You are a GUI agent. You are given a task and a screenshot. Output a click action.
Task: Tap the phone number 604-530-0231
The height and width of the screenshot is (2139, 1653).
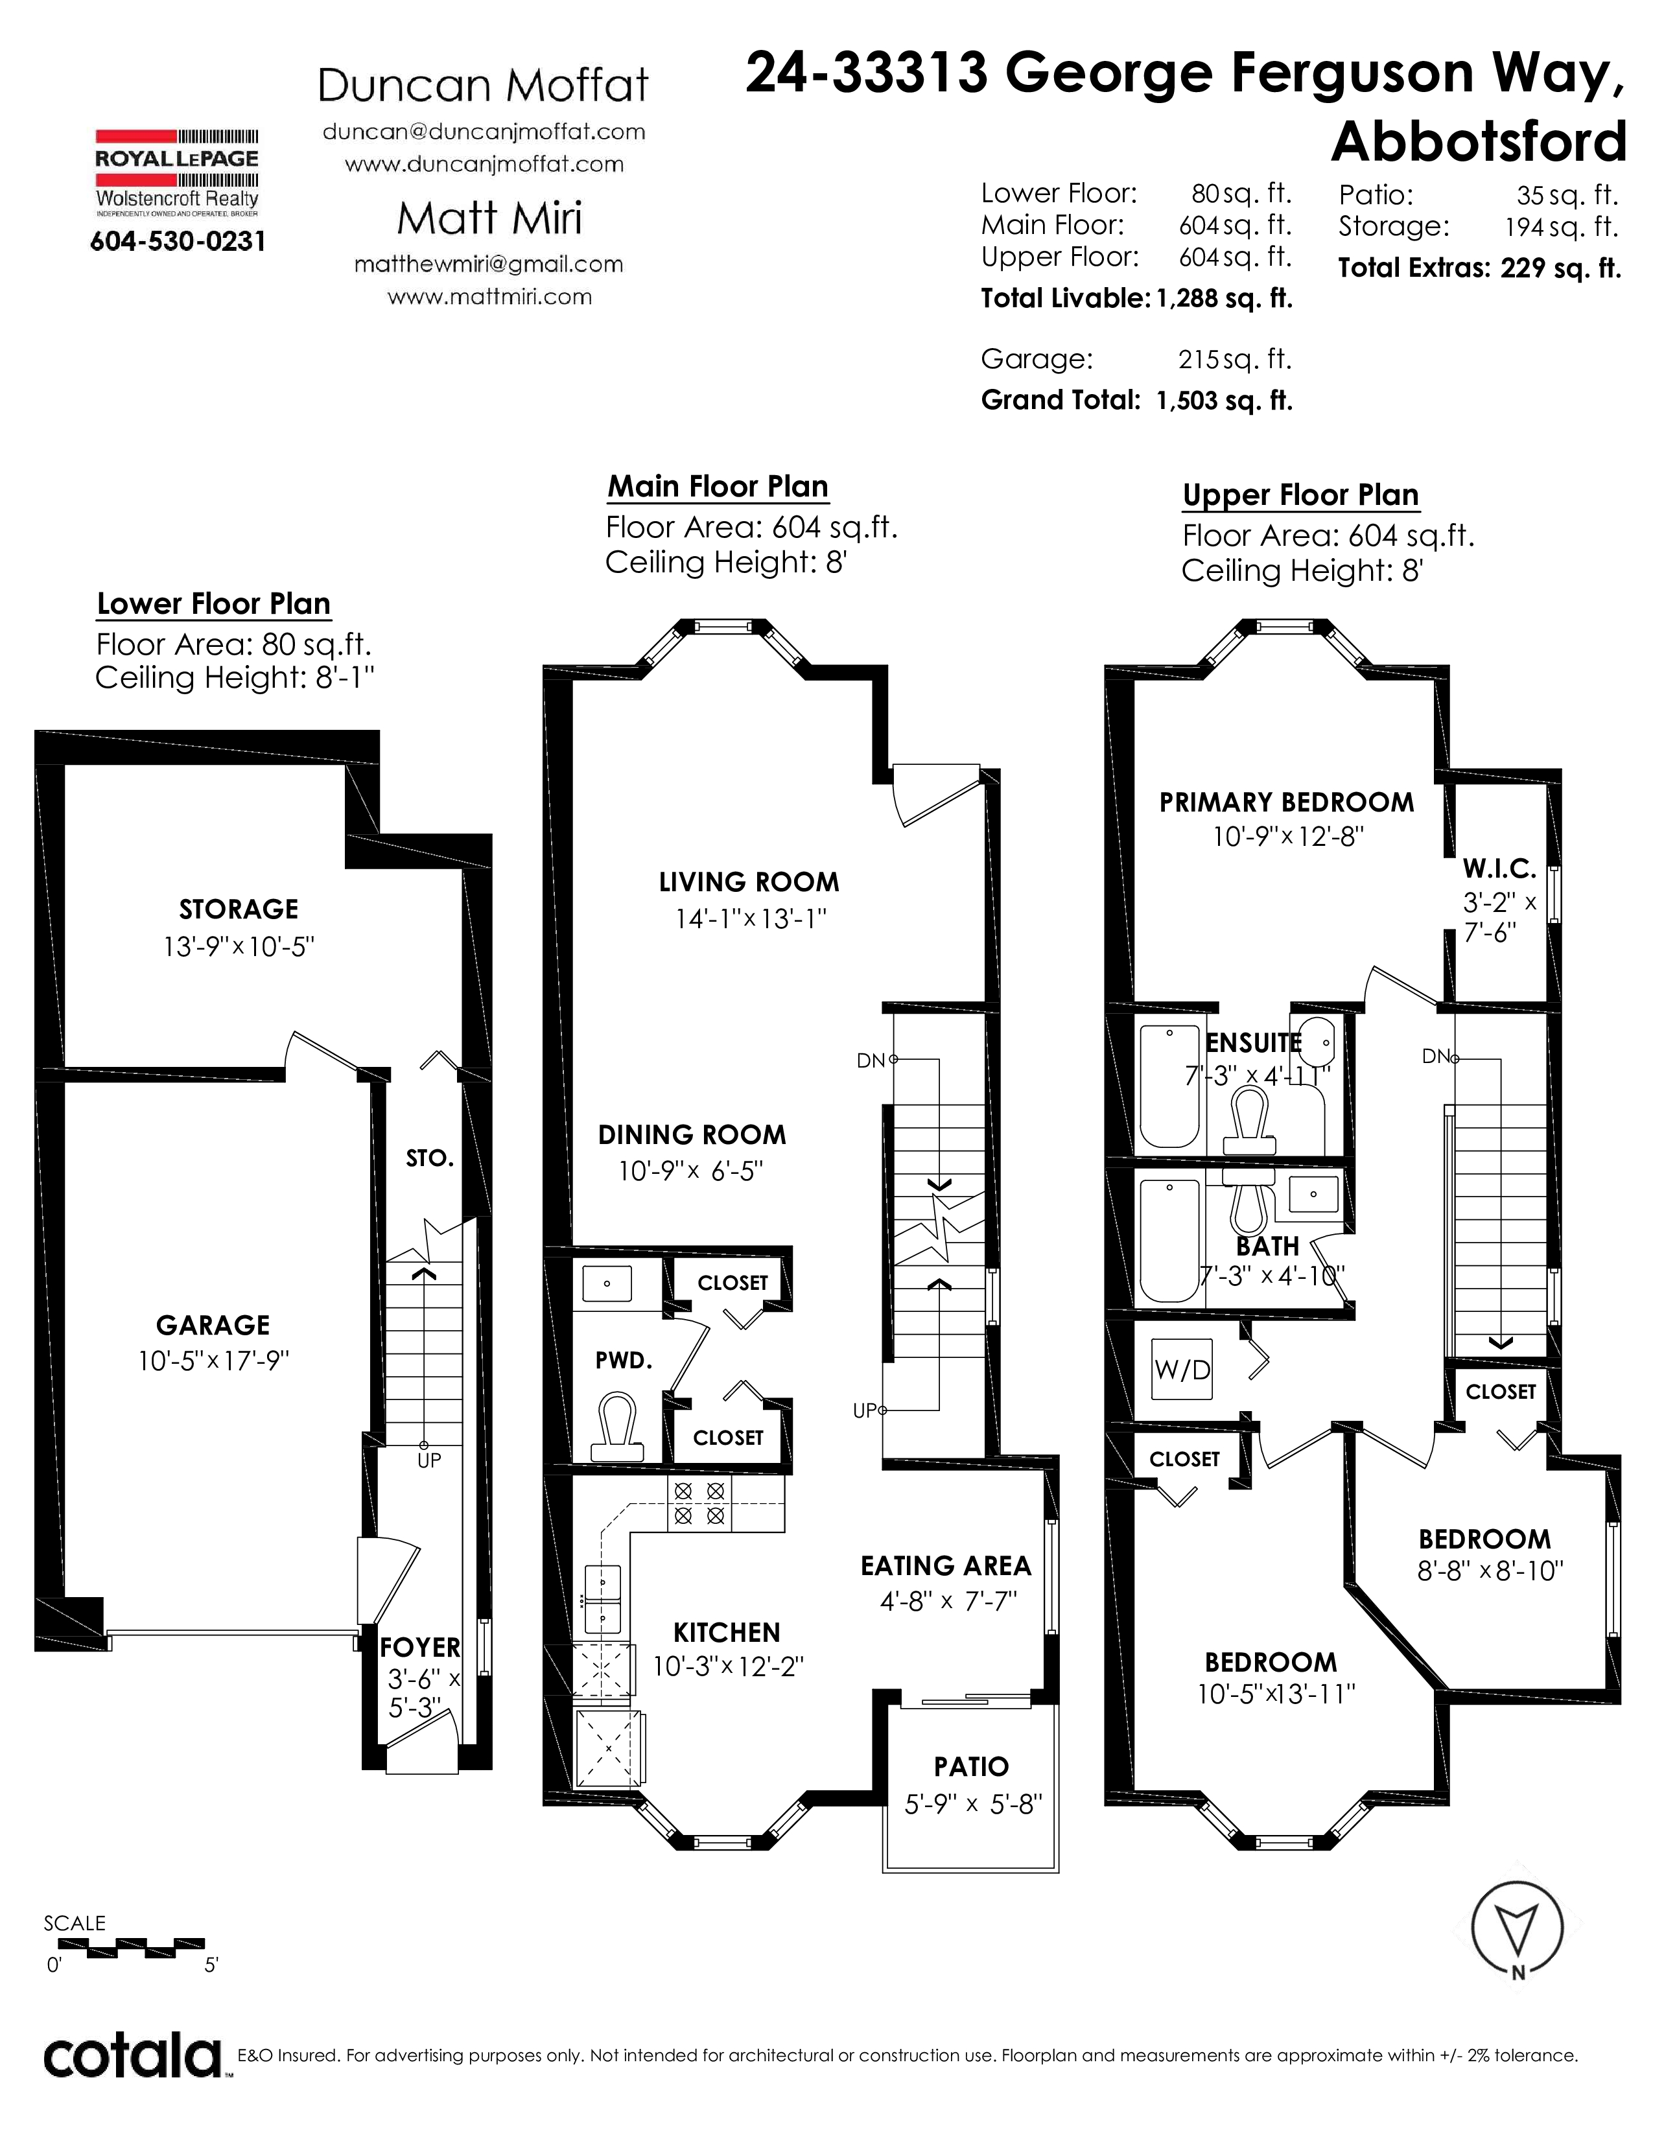click(177, 241)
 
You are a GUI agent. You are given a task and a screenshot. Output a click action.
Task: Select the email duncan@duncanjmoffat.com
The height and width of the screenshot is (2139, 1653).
click(484, 132)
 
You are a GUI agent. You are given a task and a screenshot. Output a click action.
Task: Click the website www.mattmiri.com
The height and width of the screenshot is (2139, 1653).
click(489, 297)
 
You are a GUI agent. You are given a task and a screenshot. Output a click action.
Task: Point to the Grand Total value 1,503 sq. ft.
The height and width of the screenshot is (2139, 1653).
click(1224, 401)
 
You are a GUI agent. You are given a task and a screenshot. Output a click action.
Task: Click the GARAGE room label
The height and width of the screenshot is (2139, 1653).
click(213, 1325)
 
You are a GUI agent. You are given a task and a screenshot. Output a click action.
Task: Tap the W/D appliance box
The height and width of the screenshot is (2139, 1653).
click(1183, 1369)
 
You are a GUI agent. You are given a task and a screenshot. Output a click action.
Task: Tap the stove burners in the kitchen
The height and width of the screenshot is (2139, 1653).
click(700, 1503)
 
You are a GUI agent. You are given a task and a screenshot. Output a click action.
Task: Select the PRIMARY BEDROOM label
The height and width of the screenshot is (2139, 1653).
click(1287, 803)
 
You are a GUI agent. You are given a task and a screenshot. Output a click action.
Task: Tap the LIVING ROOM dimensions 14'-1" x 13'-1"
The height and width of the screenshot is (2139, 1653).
click(751, 918)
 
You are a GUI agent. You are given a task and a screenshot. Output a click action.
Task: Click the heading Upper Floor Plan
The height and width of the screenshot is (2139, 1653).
click(1300, 496)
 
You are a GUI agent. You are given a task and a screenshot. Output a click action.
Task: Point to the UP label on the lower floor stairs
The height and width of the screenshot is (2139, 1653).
click(429, 1460)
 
